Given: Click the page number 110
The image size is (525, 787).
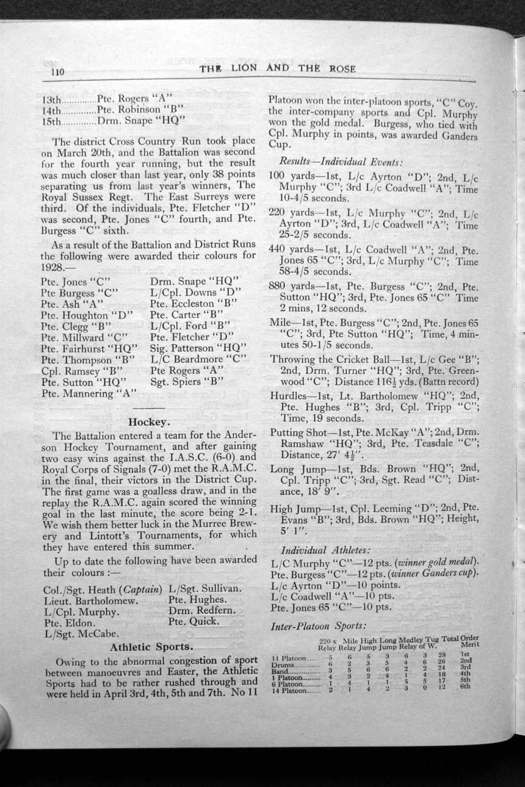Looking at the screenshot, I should [x=57, y=73].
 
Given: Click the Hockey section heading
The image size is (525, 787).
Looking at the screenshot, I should [x=149, y=421].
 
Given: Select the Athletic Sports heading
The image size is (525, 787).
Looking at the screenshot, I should [x=151, y=647].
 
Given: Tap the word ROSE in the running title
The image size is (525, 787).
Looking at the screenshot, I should [x=342, y=69].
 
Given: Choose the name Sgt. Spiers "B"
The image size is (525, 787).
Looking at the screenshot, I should [x=186, y=382].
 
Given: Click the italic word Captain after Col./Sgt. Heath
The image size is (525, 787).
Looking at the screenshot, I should [x=141, y=590].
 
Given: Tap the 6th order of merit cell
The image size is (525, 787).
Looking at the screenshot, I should [x=466, y=686].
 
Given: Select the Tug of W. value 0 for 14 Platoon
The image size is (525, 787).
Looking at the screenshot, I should [x=424, y=687].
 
